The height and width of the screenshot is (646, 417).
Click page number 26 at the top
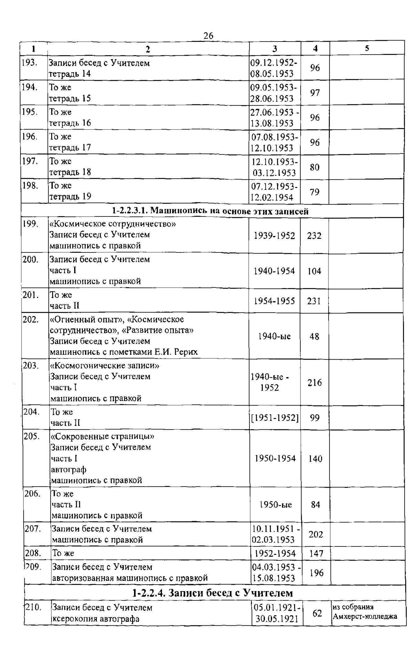(208, 36)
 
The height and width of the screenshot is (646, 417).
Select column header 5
(367, 48)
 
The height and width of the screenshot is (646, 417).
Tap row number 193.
(29, 63)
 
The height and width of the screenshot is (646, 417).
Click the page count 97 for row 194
(315, 93)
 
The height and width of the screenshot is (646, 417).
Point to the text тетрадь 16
(70, 123)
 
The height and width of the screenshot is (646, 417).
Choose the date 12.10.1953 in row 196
(272, 148)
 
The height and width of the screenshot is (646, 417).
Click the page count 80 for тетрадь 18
(315, 167)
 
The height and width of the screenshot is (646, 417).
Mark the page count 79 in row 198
(315, 192)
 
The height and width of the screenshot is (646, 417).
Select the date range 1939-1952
(274, 236)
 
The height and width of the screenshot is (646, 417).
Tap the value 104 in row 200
(314, 271)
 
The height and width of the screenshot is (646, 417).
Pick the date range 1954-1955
(274, 301)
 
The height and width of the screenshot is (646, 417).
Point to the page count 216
(315, 383)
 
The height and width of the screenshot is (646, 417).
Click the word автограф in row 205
(69, 470)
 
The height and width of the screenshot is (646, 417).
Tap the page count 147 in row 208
(316, 554)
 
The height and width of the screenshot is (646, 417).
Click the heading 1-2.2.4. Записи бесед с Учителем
(213, 593)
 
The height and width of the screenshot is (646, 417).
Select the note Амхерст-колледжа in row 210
(365, 617)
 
